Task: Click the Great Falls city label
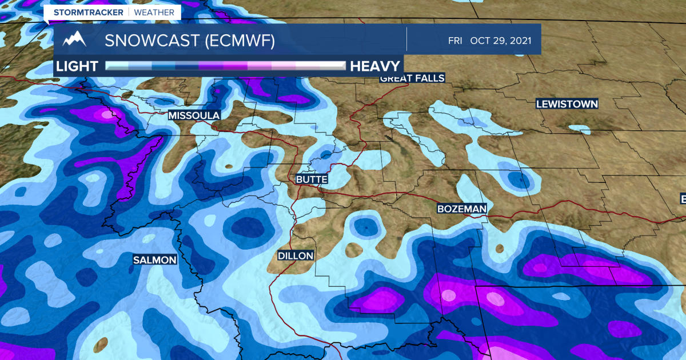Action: coord(412,78)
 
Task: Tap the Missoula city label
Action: coord(194,115)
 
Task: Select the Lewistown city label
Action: coord(567,104)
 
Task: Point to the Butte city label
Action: coord(312,179)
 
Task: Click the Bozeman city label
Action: coord(461,209)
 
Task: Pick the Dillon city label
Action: coord(296,256)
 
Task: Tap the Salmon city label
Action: coord(154,260)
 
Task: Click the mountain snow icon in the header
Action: coord(75,40)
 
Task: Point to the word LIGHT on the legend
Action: coord(77,65)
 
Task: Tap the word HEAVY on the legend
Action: coord(374,65)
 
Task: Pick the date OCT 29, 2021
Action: coord(501,41)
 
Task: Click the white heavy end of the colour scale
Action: coord(332,65)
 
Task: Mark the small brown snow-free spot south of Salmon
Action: coord(101,344)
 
